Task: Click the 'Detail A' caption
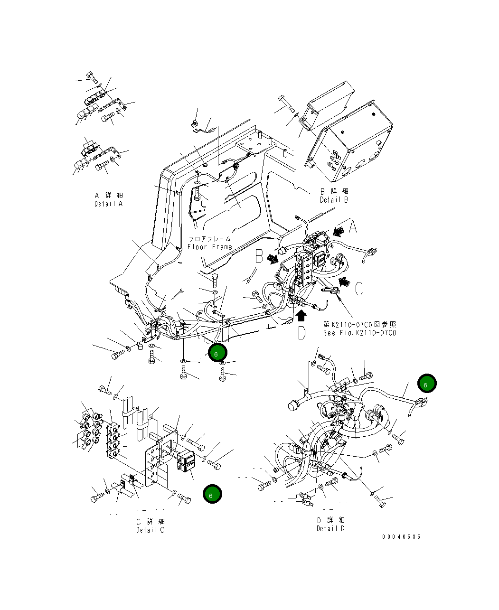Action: pyautogui.click(x=108, y=204)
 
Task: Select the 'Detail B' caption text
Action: pyautogui.click(x=334, y=200)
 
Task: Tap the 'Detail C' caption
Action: pyautogui.click(x=150, y=530)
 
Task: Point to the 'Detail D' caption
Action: pyautogui.click(x=330, y=528)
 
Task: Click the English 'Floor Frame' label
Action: pyautogui.click(x=209, y=247)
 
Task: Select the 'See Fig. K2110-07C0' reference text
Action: pyautogui.click(x=359, y=332)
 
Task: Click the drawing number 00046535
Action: pyautogui.click(x=401, y=537)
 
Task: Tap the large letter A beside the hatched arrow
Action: pyautogui.click(x=353, y=228)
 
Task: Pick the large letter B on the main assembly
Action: pyautogui.click(x=259, y=256)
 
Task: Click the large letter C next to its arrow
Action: pyautogui.click(x=359, y=288)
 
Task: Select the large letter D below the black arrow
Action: pyautogui.click(x=302, y=333)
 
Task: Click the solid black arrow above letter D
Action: pyautogui.click(x=301, y=316)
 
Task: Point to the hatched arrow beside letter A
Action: pyautogui.click(x=339, y=231)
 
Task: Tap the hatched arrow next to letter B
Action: pyautogui.click(x=273, y=259)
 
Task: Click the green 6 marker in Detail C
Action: pyautogui.click(x=211, y=494)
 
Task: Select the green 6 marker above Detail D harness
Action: pyautogui.click(x=426, y=383)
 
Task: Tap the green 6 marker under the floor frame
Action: pyautogui.click(x=217, y=353)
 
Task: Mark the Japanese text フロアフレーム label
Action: pyautogui.click(x=209, y=239)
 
